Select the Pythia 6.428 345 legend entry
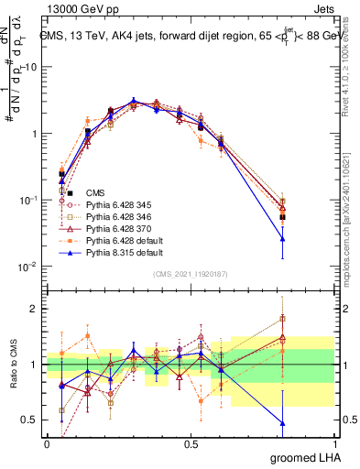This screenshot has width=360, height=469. click(115, 204)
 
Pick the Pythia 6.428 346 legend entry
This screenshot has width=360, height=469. click(115, 215)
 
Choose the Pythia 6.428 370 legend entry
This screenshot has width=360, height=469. click(115, 227)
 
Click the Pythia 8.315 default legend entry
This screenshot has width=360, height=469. click(117, 251)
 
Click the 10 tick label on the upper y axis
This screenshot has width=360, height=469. click(30, 67)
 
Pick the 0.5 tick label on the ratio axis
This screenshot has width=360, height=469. click(31, 420)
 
